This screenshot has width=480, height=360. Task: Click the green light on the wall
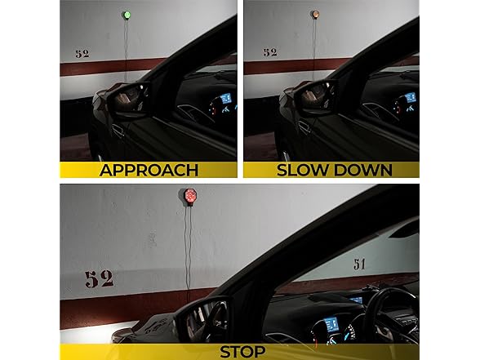(126, 14)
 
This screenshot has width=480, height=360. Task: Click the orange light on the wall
(313, 15)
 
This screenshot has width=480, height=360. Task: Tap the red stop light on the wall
(189, 196)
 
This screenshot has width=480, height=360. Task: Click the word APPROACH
(149, 171)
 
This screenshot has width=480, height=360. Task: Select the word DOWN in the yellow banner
(363, 171)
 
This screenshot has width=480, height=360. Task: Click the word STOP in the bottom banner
(242, 352)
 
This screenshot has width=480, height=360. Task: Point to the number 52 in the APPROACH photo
(82, 54)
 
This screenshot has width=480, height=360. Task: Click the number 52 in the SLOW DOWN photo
(269, 52)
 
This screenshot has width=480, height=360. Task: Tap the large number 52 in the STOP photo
(99, 278)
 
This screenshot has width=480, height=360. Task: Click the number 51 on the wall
(360, 264)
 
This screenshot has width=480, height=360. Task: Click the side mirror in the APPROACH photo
(125, 100)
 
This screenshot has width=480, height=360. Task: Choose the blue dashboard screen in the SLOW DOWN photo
(410, 99)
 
